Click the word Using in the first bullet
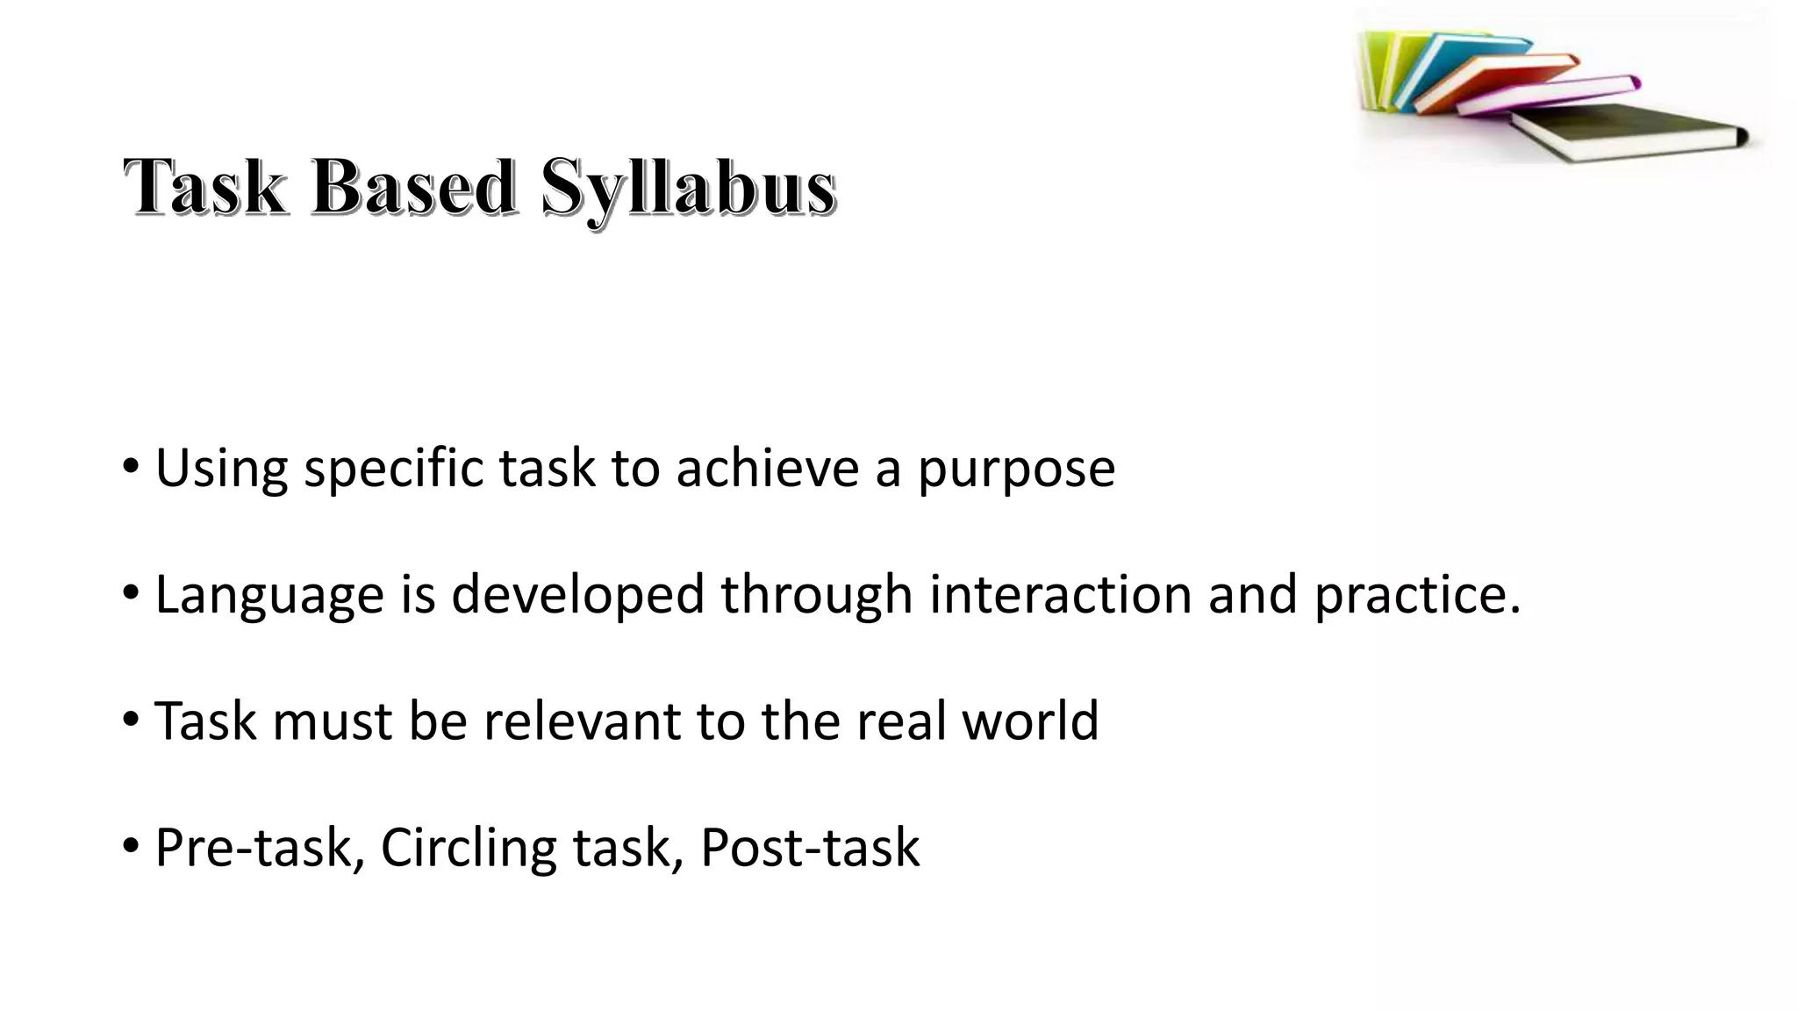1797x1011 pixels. coord(221,469)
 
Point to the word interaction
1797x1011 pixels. coord(1060,595)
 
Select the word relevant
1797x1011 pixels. coord(582,721)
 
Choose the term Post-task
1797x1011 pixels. coord(810,849)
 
